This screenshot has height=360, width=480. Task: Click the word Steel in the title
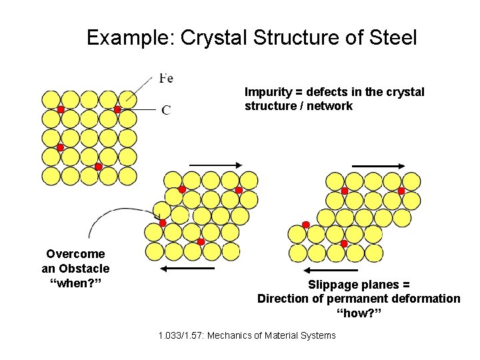(x=389, y=37)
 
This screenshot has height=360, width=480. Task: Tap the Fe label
(x=166, y=79)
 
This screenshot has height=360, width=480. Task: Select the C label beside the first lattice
(x=166, y=110)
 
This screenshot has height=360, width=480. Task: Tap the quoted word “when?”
(x=75, y=283)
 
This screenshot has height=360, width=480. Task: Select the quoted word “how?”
(x=359, y=313)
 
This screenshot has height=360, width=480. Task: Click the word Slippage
(x=334, y=285)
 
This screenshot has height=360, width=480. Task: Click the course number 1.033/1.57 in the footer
(x=181, y=335)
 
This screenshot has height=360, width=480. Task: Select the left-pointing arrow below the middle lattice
(x=187, y=268)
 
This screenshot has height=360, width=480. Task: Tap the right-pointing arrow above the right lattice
(x=378, y=165)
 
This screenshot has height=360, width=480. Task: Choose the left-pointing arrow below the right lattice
(x=331, y=271)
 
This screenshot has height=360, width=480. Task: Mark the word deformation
(x=427, y=299)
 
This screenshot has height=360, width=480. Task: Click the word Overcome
(x=75, y=254)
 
